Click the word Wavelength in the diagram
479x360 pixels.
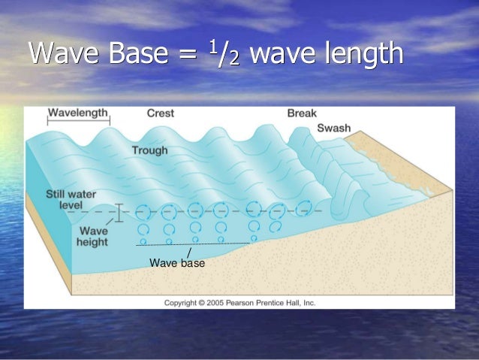78,113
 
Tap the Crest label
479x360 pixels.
160,113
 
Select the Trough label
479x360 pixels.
149,150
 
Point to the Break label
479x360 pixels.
302,113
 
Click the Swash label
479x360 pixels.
333,129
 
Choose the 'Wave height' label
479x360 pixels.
92,236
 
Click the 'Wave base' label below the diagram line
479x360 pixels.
176,263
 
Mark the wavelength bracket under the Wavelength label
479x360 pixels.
78,122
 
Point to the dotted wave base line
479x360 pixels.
192,244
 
